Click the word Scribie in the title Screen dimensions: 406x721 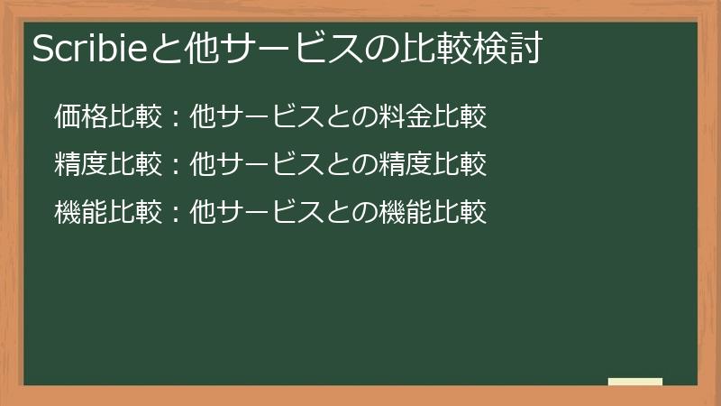[87, 50]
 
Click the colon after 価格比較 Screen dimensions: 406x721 [177, 117]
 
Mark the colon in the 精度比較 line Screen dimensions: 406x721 [177, 165]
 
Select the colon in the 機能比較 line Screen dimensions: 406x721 [177, 213]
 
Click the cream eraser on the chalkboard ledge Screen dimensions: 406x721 [635, 382]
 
